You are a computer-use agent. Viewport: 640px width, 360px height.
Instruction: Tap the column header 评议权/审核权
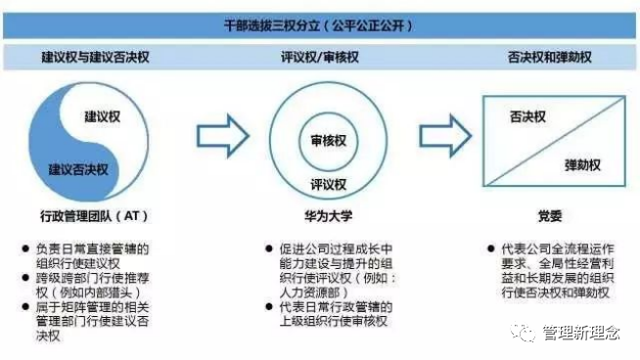[x=320, y=58]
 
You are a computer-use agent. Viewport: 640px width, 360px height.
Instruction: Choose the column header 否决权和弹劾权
[x=549, y=58]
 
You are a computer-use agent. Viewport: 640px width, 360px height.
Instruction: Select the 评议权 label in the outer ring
[x=328, y=183]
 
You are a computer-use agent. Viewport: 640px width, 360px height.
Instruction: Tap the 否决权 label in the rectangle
[x=527, y=117]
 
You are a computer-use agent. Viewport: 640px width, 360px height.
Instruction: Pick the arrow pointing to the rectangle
[x=446, y=137]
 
